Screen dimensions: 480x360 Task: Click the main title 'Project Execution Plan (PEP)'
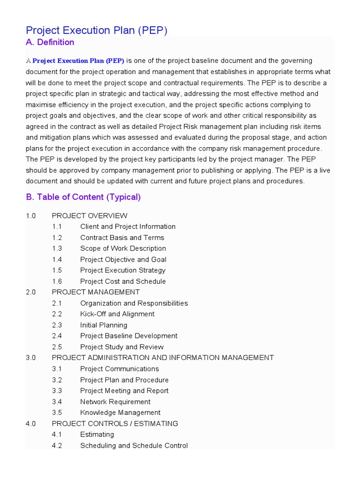(x=97, y=30)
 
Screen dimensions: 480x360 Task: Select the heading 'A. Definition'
(x=50, y=43)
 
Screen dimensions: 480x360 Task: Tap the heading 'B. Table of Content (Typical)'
(x=83, y=197)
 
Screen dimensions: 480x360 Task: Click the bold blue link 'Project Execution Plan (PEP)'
(x=78, y=61)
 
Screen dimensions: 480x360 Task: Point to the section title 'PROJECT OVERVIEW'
(x=90, y=216)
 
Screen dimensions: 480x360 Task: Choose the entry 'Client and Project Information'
(x=127, y=226)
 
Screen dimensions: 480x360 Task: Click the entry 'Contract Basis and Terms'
(x=122, y=238)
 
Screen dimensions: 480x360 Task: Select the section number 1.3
(x=57, y=248)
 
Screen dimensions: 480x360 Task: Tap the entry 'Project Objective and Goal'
(x=123, y=260)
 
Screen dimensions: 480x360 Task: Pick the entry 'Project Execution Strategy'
(x=122, y=270)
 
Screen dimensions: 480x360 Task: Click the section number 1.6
(x=57, y=281)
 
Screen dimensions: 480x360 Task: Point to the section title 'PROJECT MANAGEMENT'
(x=96, y=292)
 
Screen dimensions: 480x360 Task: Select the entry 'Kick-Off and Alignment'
(x=117, y=314)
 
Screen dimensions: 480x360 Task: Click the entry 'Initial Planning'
(x=104, y=325)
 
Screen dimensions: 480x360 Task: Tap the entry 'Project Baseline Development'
(x=128, y=336)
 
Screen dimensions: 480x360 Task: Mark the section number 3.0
(x=31, y=358)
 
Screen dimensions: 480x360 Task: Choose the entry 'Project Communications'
(x=120, y=369)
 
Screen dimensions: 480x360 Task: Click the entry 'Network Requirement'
(x=115, y=402)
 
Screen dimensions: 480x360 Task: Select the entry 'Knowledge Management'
(x=120, y=412)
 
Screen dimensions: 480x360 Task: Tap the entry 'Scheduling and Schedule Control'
(x=134, y=445)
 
